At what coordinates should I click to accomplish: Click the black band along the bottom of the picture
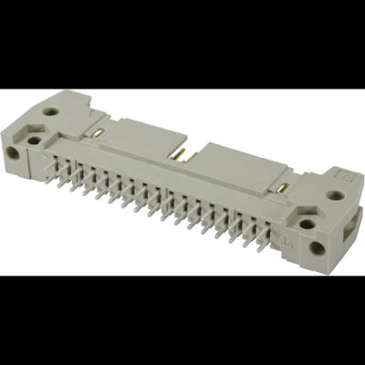pos(182,319)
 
